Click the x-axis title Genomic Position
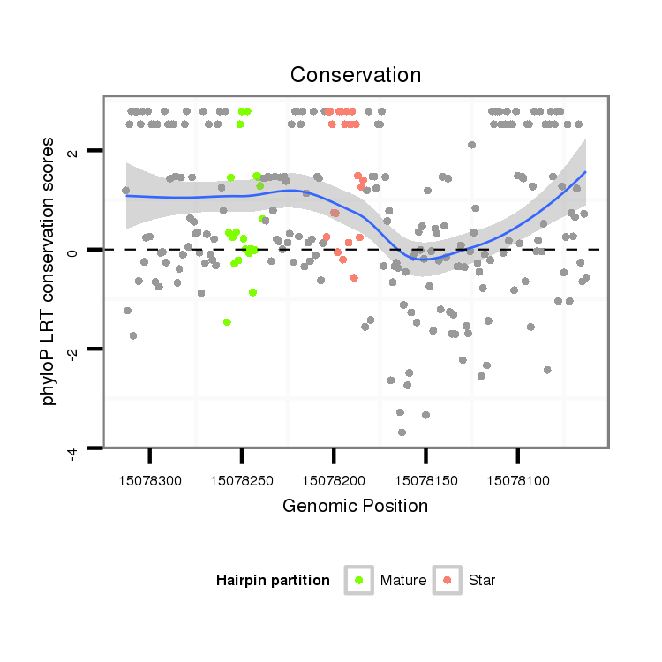[x=356, y=506]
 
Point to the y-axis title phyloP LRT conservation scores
[x=49, y=271]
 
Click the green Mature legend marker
[x=358, y=580]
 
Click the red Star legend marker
[x=448, y=580]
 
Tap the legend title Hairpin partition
[x=273, y=581]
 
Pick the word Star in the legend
[x=482, y=581]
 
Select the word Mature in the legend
[x=403, y=581]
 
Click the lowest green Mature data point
[x=227, y=322]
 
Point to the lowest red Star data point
[x=354, y=278]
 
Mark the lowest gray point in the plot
[x=402, y=433]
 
